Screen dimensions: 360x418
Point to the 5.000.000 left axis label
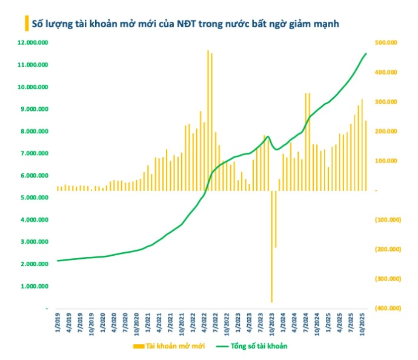(35, 198)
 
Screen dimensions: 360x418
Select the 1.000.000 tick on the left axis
(35, 287)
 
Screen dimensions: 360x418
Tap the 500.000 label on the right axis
(386, 42)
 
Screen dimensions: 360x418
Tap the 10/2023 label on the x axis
(271, 325)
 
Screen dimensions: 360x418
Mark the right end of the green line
(366, 54)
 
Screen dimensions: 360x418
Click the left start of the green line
(58, 261)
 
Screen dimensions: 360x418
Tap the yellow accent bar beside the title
(26, 24)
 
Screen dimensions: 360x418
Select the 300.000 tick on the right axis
(386, 102)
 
